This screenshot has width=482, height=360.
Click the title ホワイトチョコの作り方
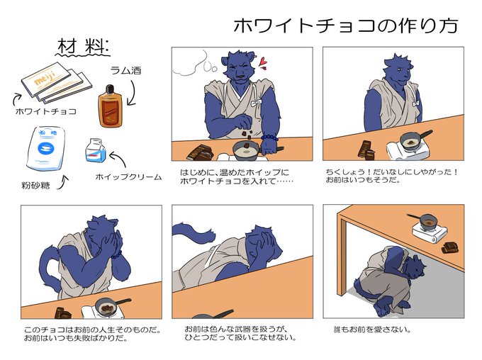pos(346,26)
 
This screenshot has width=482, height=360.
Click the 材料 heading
pos(82,47)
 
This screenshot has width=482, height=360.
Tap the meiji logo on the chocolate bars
pos(45,79)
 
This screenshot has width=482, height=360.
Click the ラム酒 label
pos(126,71)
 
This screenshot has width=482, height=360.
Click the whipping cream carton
pos(96,150)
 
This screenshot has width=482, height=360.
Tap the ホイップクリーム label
pos(128,176)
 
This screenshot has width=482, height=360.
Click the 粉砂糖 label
pos(35,186)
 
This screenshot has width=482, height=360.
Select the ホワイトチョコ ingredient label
pos(46,111)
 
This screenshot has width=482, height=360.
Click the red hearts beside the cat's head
pos(262,63)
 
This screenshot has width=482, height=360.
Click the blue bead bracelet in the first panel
pos(269,137)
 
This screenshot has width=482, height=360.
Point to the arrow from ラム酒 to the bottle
pos(132,93)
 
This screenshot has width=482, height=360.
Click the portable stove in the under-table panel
pos(430,232)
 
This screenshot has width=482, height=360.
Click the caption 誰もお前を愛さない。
pos(373,330)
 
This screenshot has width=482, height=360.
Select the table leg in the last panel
pos(341,255)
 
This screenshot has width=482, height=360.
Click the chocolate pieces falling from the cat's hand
pos(246,135)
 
